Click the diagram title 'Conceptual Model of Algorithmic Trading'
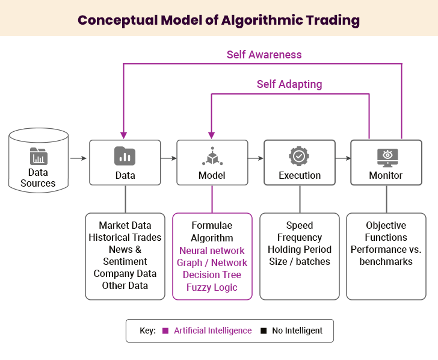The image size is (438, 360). click(x=219, y=20)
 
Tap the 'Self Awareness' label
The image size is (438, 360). click(x=264, y=54)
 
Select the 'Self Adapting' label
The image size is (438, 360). click(x=289, y=84)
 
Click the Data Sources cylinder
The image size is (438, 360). click(x=39, y=160)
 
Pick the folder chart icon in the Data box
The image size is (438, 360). click(x=125, y=156)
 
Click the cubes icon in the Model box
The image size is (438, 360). click(x=212, y=156)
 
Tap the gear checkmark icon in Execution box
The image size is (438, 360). click(x=299, y=156)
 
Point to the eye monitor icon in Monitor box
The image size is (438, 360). click(x=386, y=156)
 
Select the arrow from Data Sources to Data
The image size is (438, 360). click(x=78, y=159)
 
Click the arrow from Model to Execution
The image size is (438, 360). click(x=256, y=159)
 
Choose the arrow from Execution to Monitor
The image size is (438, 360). click(x=343, y=159)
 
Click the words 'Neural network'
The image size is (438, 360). click(x=212, y=250)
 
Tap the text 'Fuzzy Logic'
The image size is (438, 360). click(x=212, y=287)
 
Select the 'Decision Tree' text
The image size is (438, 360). click(x=212, y=275)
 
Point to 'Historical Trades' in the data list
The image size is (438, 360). click(x=125, y=237)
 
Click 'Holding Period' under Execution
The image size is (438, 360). click(x=300, y=249)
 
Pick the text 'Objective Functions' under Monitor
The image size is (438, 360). click(x=386, y=231)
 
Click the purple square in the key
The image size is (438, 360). click(x=165, y=331)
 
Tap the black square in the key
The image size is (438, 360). click(x=264, y=331)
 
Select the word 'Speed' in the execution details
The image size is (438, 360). click(x=300, y=225)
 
